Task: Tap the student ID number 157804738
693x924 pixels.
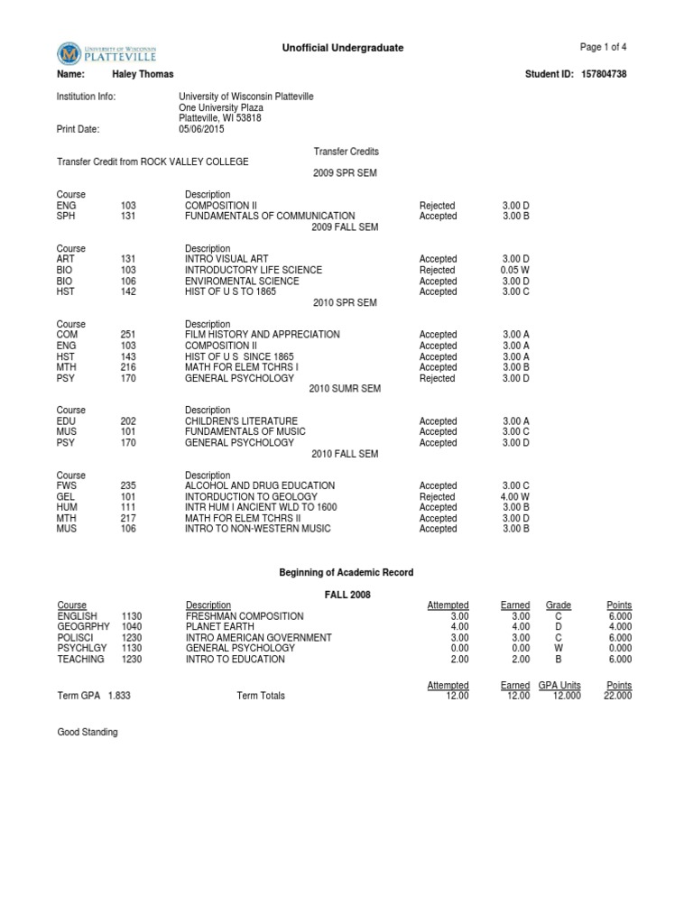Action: click(x=602, y=74)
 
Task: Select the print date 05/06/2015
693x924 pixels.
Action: click(x=202, y=129)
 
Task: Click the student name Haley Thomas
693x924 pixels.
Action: click(x=143, y=74)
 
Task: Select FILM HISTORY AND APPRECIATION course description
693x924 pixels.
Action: click(x=262, y=335)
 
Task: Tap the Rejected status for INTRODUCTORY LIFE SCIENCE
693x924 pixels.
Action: click(x=438, y=270)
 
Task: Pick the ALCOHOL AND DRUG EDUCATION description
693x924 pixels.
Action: click(x=254, y=486)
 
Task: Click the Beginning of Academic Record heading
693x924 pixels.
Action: click(x=346, y=573)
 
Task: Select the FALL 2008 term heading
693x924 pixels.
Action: click(x=346, y=595)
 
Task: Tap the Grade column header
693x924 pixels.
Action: click(x=559, y=605)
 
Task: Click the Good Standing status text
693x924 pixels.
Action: click(x=88, y=733)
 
